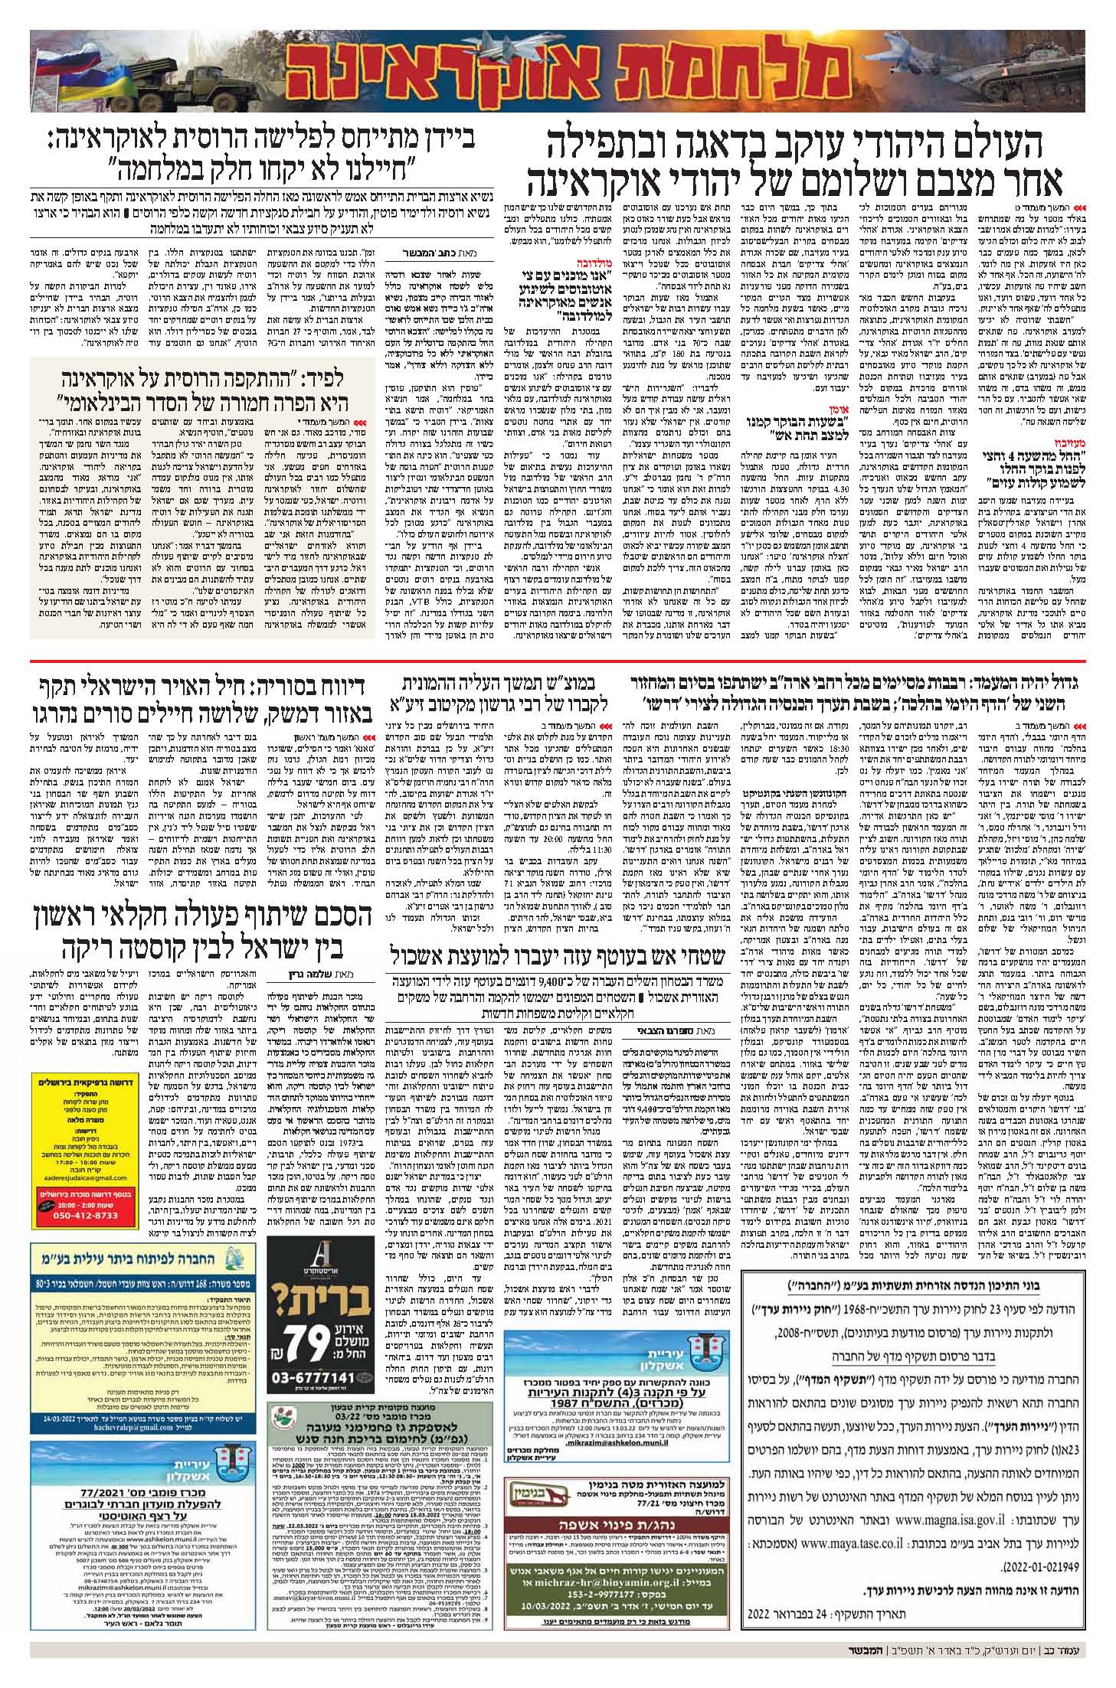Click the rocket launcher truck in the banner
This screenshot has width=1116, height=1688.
click(x=176, y=73)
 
